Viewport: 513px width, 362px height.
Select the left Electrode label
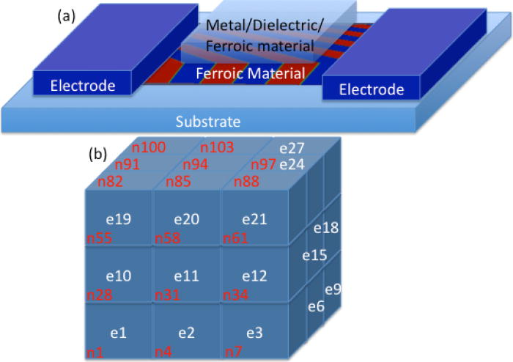point(83,86)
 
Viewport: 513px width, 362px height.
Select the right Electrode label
point(371,90)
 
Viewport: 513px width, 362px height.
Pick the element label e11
point(186,276)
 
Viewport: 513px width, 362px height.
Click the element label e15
point(315,254)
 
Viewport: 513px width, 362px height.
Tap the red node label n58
point(169,237)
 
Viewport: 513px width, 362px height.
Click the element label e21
point(254,219)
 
